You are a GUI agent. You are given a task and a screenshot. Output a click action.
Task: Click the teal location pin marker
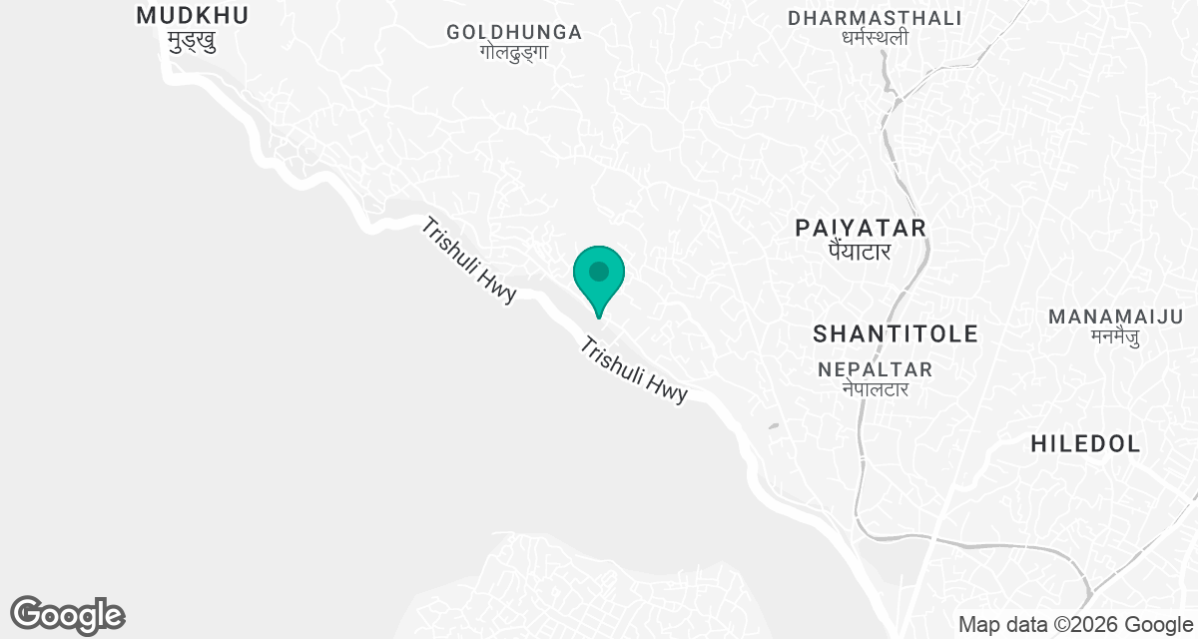(599, 281)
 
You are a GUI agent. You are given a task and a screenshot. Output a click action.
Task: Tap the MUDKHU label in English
(192, 15)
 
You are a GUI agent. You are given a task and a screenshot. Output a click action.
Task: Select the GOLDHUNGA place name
(514, 32)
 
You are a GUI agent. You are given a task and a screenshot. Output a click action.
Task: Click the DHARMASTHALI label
(875, 18)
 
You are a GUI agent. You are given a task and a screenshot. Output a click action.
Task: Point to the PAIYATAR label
(861, 228)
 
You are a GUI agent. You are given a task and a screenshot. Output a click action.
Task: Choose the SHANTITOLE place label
(896, 333)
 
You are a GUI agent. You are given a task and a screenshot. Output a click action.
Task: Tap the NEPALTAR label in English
(875, 369)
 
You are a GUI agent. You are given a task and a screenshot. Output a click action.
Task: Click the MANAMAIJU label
(1115, 317)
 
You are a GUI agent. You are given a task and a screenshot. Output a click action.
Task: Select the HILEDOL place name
(1085, 444)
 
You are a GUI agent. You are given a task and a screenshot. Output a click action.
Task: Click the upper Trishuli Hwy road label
(468, 261)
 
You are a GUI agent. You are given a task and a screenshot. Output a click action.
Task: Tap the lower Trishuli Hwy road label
(634, 370)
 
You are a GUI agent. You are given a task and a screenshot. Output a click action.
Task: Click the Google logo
(68, 615)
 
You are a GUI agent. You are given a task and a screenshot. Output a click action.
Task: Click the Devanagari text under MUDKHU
(192, 42)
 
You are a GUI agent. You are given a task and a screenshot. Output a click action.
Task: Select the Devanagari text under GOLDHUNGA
(514, 53)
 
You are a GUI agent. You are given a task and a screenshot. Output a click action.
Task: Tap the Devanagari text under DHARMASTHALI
(875, 39)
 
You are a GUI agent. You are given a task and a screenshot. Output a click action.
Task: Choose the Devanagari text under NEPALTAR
(875, 389)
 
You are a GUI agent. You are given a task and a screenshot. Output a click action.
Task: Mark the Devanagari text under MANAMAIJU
(1115, 336)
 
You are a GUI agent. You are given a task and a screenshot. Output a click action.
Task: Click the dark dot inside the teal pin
(599, 271)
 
